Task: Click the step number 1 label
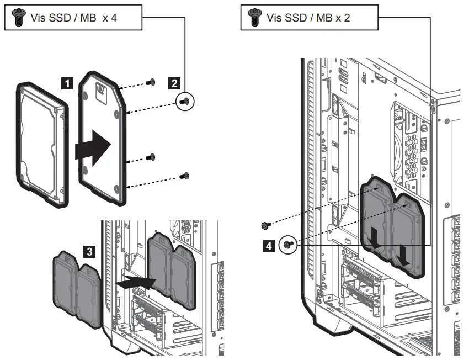pos(67,83)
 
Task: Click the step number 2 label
pos(174,83)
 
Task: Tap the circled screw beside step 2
pos(186,100)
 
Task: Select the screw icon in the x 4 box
pos(16,18)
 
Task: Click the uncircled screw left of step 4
pos(265,225)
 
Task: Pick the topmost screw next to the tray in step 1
pos(151,83)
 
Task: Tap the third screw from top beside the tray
pos(152,158)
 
